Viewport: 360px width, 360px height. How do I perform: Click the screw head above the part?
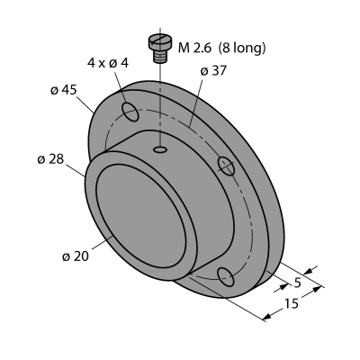pyautogui.click(x=160, y=41)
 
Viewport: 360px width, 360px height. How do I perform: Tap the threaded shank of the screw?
pyautogui.click(x=160, y=56)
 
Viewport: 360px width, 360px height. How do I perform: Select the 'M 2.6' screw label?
pyautogui.click(x=194, y=48)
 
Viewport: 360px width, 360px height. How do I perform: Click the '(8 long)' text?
pyautogui.click(x=242, y=48)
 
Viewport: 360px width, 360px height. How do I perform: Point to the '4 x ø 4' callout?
pyautogui.click(x=108, y=63)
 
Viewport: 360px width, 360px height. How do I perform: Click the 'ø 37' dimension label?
pyautogui.click(x=213, y=71)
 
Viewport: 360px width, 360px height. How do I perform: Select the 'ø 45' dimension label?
pyautogui.click(x=63, y=90)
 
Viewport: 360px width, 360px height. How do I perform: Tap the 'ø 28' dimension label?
pyautogui.click(x=50, y=159)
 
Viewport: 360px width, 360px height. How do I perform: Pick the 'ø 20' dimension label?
pyautogui.click(x=76, y=256)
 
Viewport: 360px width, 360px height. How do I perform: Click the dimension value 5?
pyautogui.click(x=297, y=283)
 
